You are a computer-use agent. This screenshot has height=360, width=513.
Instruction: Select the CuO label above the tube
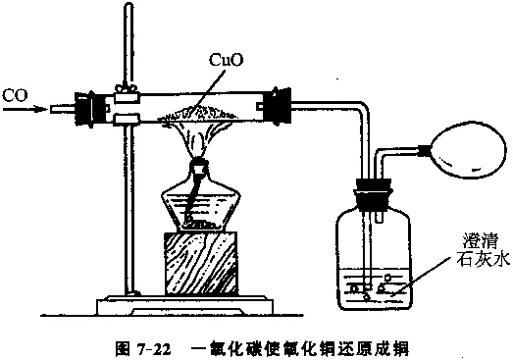coord(227,61)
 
